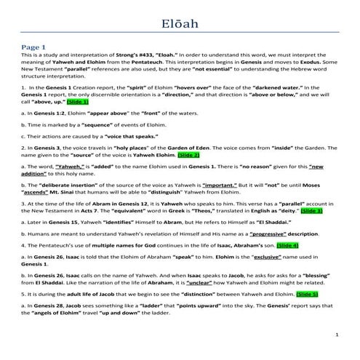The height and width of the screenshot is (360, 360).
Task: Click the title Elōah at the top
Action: click(180, 27)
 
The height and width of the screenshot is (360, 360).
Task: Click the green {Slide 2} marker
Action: click(185, 155)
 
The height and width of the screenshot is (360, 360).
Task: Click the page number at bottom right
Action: click(338, 335)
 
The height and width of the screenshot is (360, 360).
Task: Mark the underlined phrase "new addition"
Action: click(320, 167)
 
